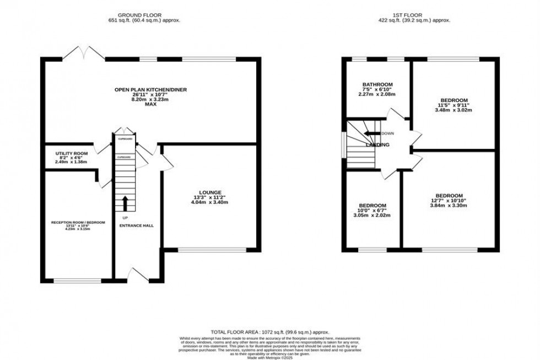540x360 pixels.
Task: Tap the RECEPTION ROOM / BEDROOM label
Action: [x=78, y=222]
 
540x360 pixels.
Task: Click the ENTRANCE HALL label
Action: [x=136, y=225]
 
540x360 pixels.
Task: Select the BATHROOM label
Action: [x=377, y=84]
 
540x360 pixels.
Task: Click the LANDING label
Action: [x=378, y=144]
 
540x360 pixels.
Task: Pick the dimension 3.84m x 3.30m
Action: [x=449, y=206]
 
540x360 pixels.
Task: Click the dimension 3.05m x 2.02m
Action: [x=372, y=215]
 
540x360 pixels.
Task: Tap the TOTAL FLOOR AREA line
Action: [x=269, y=332]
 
